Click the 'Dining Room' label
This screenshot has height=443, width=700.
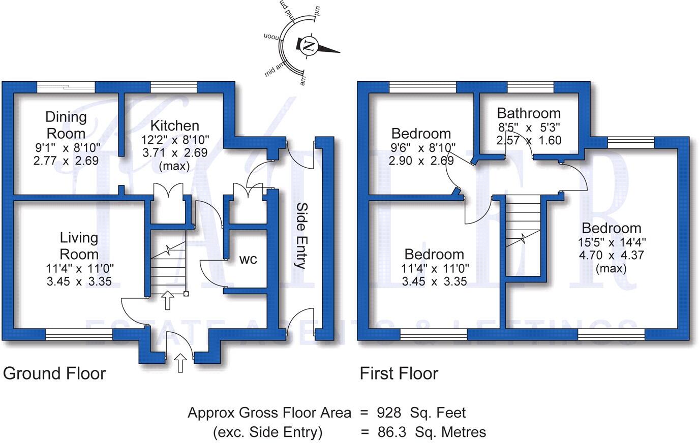click(x=66, y=125)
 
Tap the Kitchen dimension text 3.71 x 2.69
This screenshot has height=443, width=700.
click(x=174, y=152)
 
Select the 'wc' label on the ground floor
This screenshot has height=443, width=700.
click(x=248, y=260)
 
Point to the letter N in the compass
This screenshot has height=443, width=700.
click(x=308, y=46)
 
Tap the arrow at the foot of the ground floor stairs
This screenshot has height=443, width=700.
click(x=167, y=300)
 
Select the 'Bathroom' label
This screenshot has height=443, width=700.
click(x=529, y=113)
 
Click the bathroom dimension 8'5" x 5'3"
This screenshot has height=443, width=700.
click(x=529, y=127)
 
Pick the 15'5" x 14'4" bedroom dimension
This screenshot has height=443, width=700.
click(x=612, y=242)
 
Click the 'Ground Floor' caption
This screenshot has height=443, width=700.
click(x=54, y=373)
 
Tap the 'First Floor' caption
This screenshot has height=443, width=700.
click(x=399, y=373)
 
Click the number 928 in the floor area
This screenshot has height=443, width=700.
click(x=389, y=413)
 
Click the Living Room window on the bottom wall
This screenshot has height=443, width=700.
click(x=79, y=334)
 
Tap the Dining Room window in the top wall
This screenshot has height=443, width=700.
click(x=66, y=87)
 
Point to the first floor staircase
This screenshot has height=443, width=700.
click(x=523, y=236)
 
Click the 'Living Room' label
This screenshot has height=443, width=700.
click(x=79, y=245)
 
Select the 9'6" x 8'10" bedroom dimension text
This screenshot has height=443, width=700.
click(x=421, y=148)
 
